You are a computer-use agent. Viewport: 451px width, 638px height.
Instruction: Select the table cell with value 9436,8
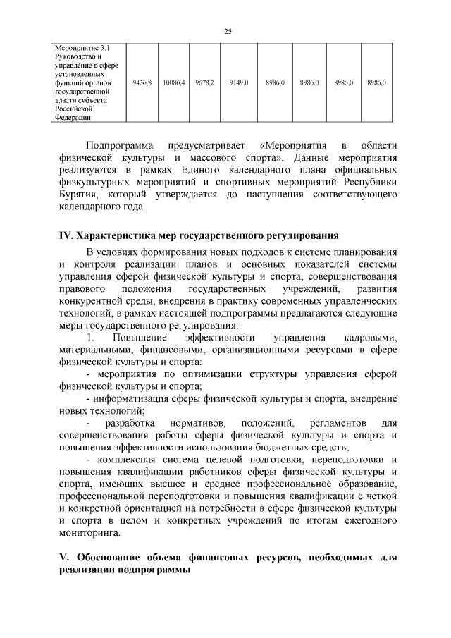pos(142,82)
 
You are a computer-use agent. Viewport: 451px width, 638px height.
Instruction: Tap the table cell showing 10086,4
pos(173,82)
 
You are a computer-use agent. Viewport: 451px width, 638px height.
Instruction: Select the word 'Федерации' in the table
pos(74,118)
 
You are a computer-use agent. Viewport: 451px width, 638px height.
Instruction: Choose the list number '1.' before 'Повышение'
pos(89,338)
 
